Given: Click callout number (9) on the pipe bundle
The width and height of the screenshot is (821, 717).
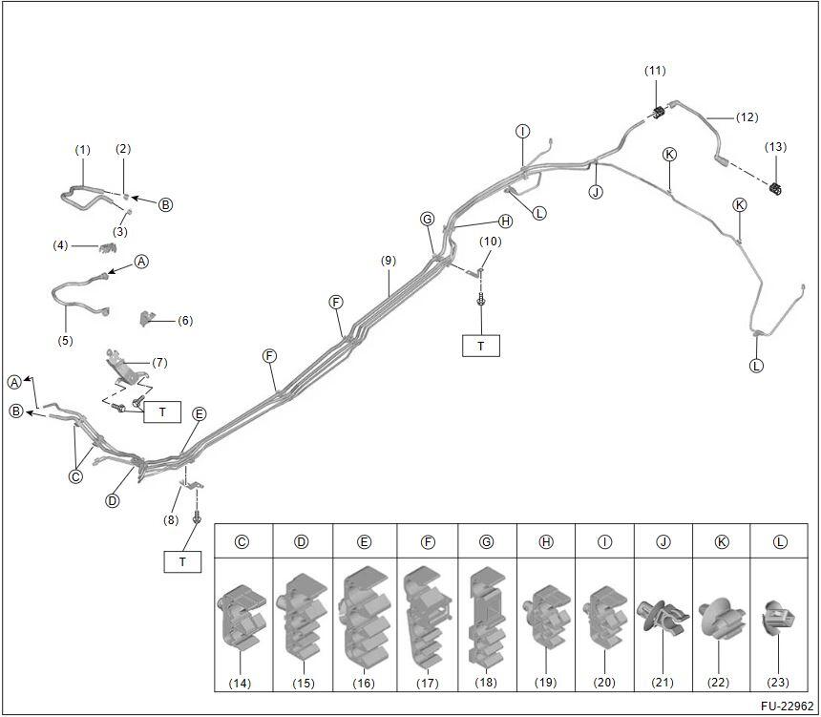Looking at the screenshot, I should coord(387,261).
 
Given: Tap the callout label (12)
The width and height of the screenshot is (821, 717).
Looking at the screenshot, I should coord(747,117).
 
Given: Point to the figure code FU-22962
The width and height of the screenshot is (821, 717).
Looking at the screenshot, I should coord(785,706).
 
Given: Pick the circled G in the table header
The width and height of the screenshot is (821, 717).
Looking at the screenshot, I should coord(487,542).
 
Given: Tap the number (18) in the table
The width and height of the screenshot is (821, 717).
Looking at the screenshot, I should coord(487,683).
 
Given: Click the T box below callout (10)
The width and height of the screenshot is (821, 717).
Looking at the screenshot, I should coord(481,346).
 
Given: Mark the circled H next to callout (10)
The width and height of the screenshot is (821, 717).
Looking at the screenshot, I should coord(505,221).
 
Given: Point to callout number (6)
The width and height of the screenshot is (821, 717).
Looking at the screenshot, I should coord(185,321).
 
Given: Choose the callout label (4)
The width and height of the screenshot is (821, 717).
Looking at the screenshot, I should coord(61,245).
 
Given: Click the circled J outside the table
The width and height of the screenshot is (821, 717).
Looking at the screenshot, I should coord(596,192).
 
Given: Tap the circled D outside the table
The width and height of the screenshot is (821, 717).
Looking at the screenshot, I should coord(113,500).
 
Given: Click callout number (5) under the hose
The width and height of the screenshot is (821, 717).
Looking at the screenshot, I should coord(65,340).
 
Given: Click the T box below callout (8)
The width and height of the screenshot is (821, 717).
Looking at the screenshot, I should coord(182,561).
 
